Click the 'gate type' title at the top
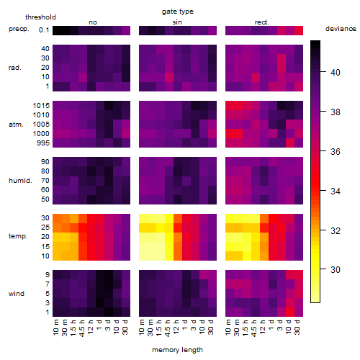178,12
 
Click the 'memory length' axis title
177,350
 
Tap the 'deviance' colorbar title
341,29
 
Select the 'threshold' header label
40,17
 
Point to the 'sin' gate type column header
177,22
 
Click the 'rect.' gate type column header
262,22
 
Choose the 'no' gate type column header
93,22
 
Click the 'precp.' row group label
19,29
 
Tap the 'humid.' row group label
20,181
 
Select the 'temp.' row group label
18,236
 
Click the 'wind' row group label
17,294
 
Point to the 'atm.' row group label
16,125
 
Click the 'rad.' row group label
15,68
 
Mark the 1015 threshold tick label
41,106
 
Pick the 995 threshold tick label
43,143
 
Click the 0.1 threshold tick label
44,30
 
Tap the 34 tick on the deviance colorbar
336,192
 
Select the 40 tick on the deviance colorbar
336,72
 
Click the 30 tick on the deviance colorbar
336,270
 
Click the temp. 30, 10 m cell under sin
143,218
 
